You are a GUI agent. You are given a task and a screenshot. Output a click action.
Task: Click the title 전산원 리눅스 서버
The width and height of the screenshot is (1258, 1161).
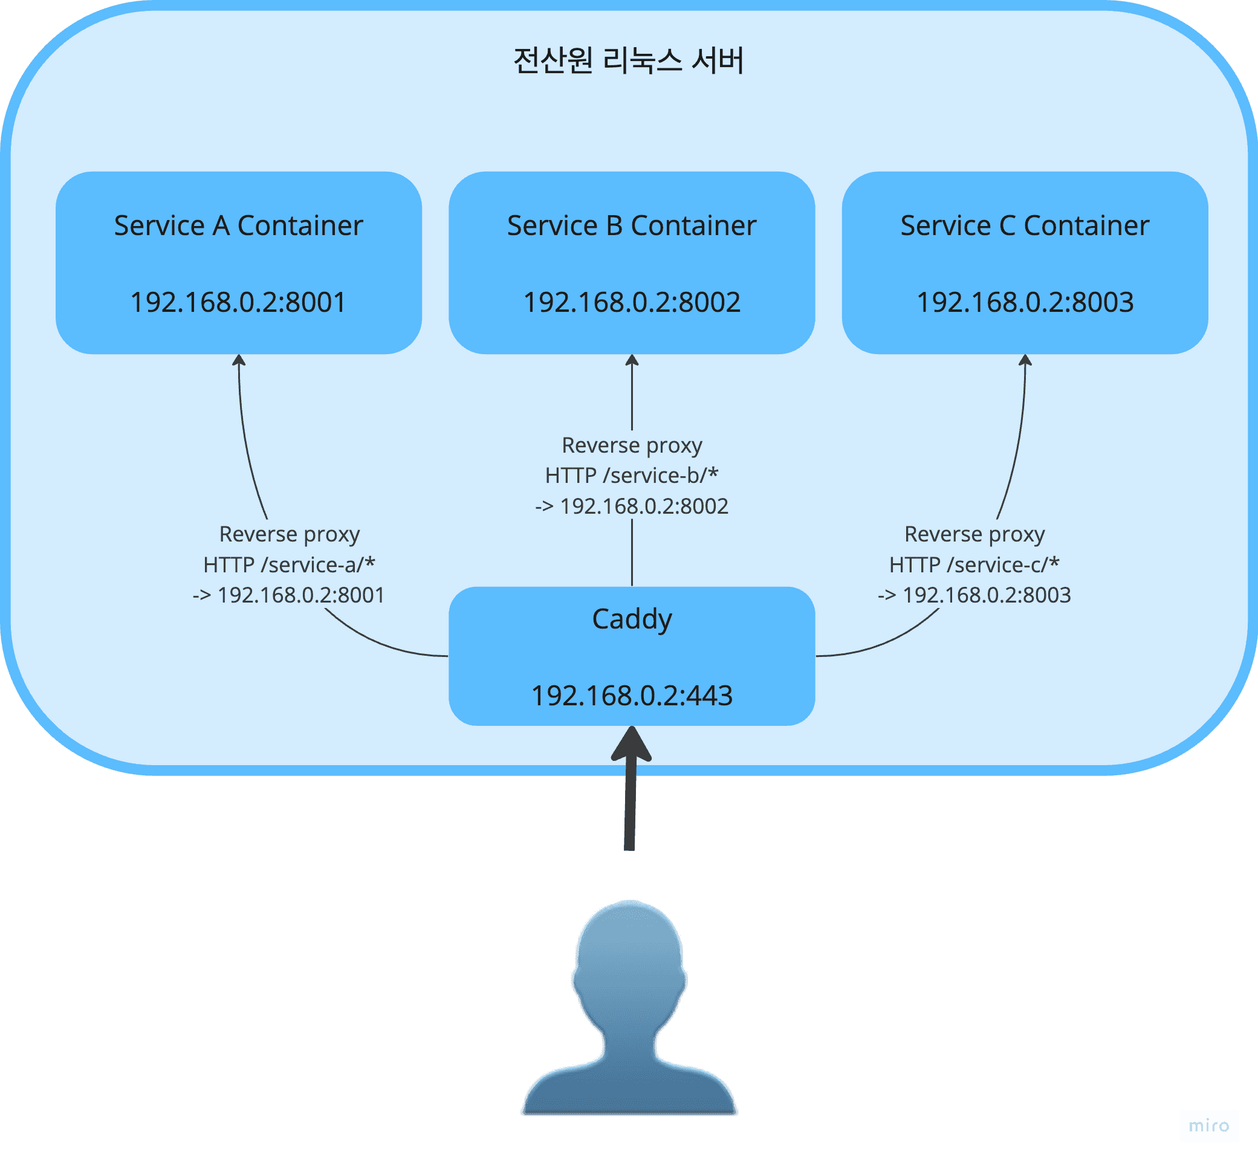point(628,61)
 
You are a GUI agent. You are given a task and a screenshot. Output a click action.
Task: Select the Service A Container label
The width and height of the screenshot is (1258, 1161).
point(238,225)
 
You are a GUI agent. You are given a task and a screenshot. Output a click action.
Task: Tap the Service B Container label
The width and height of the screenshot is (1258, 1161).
point(632,225)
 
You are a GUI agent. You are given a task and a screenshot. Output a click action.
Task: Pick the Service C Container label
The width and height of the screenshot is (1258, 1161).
point(1024,225)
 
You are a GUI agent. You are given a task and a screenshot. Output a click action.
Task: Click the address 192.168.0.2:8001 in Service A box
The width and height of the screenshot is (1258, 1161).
point(238,302)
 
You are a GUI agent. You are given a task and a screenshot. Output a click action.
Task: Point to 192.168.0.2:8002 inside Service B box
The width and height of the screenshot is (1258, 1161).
point(632,302)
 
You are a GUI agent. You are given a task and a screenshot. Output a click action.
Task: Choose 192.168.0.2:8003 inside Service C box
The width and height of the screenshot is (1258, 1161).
point(1025,302)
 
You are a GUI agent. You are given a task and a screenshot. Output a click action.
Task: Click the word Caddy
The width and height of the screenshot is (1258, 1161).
point(632,619)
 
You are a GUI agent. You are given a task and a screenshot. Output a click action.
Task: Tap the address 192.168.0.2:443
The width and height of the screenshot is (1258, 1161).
point(632,696)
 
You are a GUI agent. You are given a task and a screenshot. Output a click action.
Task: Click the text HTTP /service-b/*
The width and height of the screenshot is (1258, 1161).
point(632,476)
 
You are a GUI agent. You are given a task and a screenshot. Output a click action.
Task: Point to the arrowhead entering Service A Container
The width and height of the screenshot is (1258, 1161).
point(239,360)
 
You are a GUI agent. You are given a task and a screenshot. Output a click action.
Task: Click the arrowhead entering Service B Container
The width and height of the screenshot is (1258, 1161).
point(632,360)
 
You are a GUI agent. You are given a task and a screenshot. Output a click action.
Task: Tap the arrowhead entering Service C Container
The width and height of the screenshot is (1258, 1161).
point(1025,360)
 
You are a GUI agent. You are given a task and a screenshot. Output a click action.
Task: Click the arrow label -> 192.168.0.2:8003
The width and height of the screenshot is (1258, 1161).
point(974,595)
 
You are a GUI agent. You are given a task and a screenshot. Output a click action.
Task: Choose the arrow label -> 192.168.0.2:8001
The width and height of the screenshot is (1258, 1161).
point(289,595)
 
